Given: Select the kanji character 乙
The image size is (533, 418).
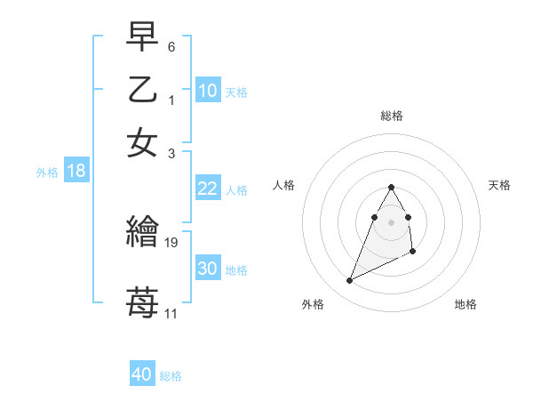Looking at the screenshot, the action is pyautogui.click(x=142, y=90).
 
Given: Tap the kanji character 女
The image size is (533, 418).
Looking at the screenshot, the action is pyautogui.click(x=142, y=143).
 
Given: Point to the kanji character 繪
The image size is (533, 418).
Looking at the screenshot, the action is pyautogui.click(x=142, y=233).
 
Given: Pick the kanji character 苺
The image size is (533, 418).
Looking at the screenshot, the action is pyautogui.click(x=142, y=301).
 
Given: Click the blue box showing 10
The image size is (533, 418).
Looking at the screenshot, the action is pyautogui.click(x=208, y=91).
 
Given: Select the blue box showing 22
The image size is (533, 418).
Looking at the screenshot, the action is pyautogui.click(x=208, y=189).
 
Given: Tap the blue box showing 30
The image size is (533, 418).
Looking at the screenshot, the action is pyautogui.click(x=208, y=269).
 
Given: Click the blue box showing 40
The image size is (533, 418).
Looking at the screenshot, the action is pyautogui.click(x=142, y=374).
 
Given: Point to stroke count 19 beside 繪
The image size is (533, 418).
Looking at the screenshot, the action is pyautogui.click(x=171, y=242).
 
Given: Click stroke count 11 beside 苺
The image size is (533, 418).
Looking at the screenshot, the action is pyautogui.click(x=171, y=313).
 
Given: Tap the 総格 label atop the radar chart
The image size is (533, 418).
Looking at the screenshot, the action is pyautogui.click(x=392, y=116).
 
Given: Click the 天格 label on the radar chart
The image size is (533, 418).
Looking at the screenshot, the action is pyautogui.click(x=500, y=185).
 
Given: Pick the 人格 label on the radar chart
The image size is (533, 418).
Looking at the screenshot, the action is pyautogui.click(x=284, y=185).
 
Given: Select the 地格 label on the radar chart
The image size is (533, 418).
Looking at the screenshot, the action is pyautogui.click(x=465, y=305).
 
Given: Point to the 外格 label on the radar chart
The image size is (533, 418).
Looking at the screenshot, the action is pyautogui.click(x=313, y=305).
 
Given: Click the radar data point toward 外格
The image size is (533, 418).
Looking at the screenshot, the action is pyautogui.click(x=350, y=281).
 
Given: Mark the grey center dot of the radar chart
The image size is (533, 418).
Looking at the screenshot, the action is pyautogui.click(x=392, y=221).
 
